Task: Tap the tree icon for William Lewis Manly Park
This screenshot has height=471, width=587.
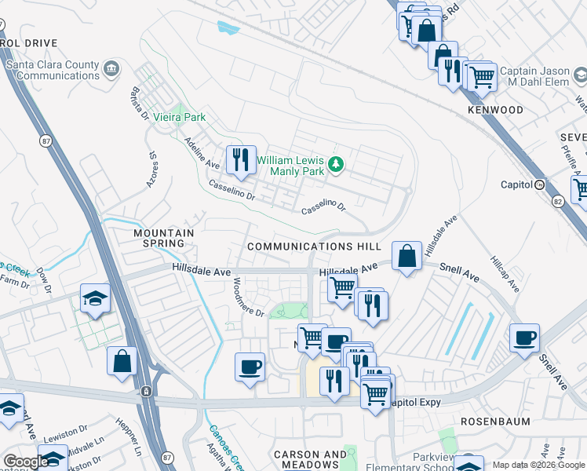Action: [x=336, y=163]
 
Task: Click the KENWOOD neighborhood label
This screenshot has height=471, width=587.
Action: [x=495, y=110]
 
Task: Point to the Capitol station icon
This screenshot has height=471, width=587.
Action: [x=539, y=185]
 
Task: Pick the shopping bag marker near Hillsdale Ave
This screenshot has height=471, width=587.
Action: [x=407, y=256]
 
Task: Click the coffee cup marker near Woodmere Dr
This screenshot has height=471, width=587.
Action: [x=250, y=367]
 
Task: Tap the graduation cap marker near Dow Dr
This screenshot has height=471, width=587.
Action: [x=95, y=298]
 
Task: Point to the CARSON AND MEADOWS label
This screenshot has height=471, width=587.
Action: [x=310, y=460]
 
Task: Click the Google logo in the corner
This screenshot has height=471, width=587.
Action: [x=25, y=462]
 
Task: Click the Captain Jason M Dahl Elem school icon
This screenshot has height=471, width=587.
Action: [x=581, y=75]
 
